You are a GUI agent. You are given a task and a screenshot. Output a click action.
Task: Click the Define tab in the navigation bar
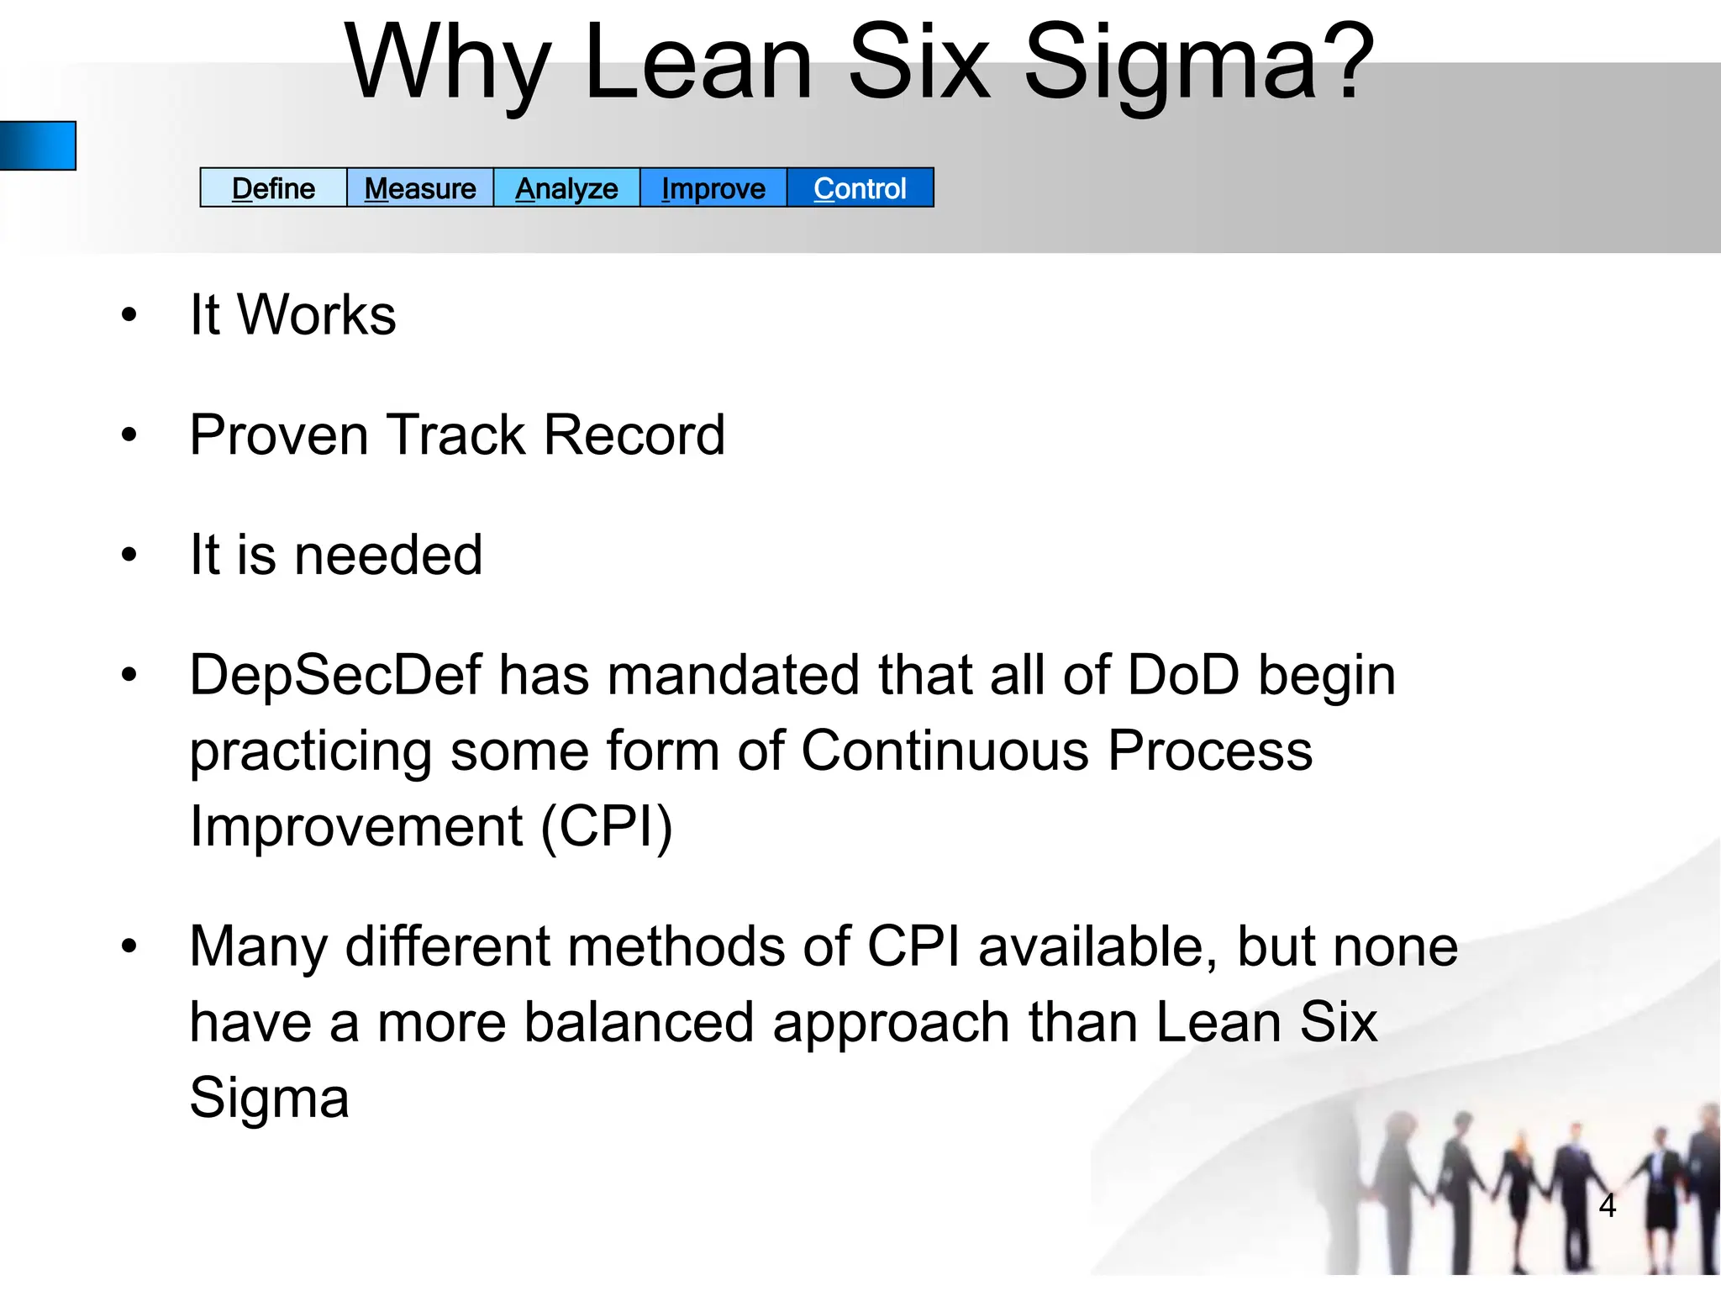(273, 188)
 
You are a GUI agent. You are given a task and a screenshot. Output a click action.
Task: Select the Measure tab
(420, 188)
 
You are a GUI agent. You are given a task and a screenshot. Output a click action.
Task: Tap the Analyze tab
(566, 188)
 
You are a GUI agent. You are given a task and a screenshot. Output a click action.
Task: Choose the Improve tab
(713, 188)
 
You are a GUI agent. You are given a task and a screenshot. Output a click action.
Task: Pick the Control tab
(860, 188)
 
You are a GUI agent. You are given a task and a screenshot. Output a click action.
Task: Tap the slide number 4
(1607, 1206)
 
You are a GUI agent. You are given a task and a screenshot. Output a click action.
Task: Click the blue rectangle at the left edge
(38, 145)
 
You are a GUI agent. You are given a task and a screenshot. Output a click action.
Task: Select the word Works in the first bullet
(317, 314)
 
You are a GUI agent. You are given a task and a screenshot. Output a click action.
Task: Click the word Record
(634, 435)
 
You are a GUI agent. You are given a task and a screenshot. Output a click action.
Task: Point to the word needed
(388, 555)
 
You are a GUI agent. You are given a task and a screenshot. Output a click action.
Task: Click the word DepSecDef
(335, 676)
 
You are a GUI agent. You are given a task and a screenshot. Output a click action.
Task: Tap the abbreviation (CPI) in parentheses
(607, 826)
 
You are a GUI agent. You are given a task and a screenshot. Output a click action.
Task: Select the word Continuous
(945, 751)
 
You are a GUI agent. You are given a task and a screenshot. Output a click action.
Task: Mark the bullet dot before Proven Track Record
(129, 435)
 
